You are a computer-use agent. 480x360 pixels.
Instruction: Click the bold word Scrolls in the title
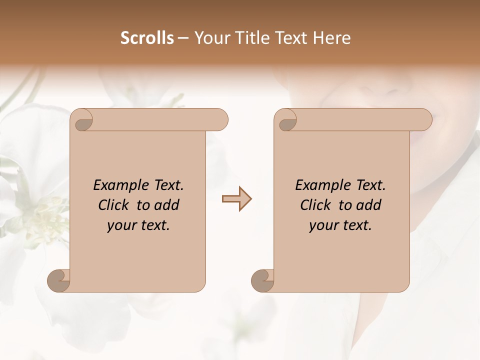click(147, 38)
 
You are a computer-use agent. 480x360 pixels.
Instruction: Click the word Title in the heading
click(246, 38)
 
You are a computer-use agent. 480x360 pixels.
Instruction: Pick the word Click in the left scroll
click(115, 205)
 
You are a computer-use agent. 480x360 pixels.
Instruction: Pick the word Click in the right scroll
click(317, 205)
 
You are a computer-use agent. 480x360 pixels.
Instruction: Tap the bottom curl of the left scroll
click(59, 280)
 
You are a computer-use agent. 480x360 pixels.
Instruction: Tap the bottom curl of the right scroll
click(262, 280)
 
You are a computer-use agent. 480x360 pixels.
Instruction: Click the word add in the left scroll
click(167, 205)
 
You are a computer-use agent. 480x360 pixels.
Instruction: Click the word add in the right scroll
click(369, 205)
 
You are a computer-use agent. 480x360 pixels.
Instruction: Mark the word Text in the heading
click(290, 38)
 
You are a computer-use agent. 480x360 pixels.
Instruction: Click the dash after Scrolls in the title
click(183, 38)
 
